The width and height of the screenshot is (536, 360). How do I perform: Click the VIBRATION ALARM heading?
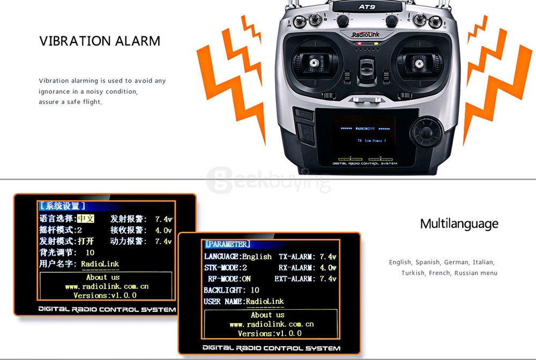[x=100, y=41]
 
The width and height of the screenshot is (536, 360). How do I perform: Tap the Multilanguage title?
[x=459, y=223]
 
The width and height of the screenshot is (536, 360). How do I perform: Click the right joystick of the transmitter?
[x=419, y=63]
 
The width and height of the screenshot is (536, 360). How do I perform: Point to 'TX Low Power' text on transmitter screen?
[x=370, y=140]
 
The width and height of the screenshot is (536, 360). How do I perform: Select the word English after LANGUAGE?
[x=257, y=257]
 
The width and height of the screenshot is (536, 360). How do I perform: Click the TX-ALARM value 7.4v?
[x=327, y=257]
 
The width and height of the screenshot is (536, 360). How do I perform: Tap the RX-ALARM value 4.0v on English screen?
[x=327, y=267]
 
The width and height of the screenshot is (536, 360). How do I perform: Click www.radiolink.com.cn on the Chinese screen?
[x=107, y=286]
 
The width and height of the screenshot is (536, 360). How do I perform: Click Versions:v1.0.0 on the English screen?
[x=270, y=333]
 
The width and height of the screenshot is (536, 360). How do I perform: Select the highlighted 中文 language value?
[x=86, y=219]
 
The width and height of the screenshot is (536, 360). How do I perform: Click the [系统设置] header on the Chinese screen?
[x=62, y=206]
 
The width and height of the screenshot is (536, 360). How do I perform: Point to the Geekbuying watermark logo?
[x=268, y=179]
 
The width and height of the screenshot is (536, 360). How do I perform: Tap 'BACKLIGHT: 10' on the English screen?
[x=231, y=290]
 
